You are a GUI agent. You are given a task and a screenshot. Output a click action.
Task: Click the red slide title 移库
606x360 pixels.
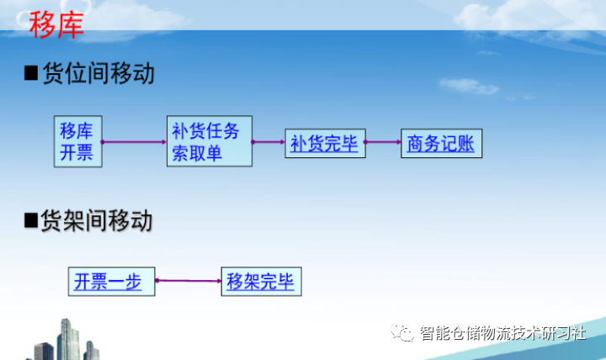point(56,25)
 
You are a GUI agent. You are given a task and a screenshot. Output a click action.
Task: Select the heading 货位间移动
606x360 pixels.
point(98,74)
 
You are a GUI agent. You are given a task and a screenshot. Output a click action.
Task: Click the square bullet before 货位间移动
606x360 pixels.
point(31,75)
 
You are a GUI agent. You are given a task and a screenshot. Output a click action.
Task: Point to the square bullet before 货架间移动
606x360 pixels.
point(31,222)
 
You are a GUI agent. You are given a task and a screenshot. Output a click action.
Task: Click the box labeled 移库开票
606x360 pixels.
point(77,141)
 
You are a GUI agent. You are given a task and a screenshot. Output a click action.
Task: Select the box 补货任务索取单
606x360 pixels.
point(209,141)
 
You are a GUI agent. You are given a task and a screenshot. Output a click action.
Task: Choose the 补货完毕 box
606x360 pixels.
point(325,144)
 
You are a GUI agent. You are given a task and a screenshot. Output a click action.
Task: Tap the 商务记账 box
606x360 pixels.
point(440,144)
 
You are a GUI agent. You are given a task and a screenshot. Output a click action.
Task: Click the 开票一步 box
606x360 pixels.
point(112,281)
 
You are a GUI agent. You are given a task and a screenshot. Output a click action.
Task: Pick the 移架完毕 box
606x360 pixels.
point(261,281)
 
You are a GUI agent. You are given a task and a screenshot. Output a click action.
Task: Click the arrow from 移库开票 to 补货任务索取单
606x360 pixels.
point(135,142)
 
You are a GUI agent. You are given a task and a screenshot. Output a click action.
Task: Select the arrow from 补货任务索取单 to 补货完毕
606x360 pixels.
point(268,142)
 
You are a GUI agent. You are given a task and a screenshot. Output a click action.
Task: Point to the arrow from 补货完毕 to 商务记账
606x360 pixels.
point(383,142)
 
